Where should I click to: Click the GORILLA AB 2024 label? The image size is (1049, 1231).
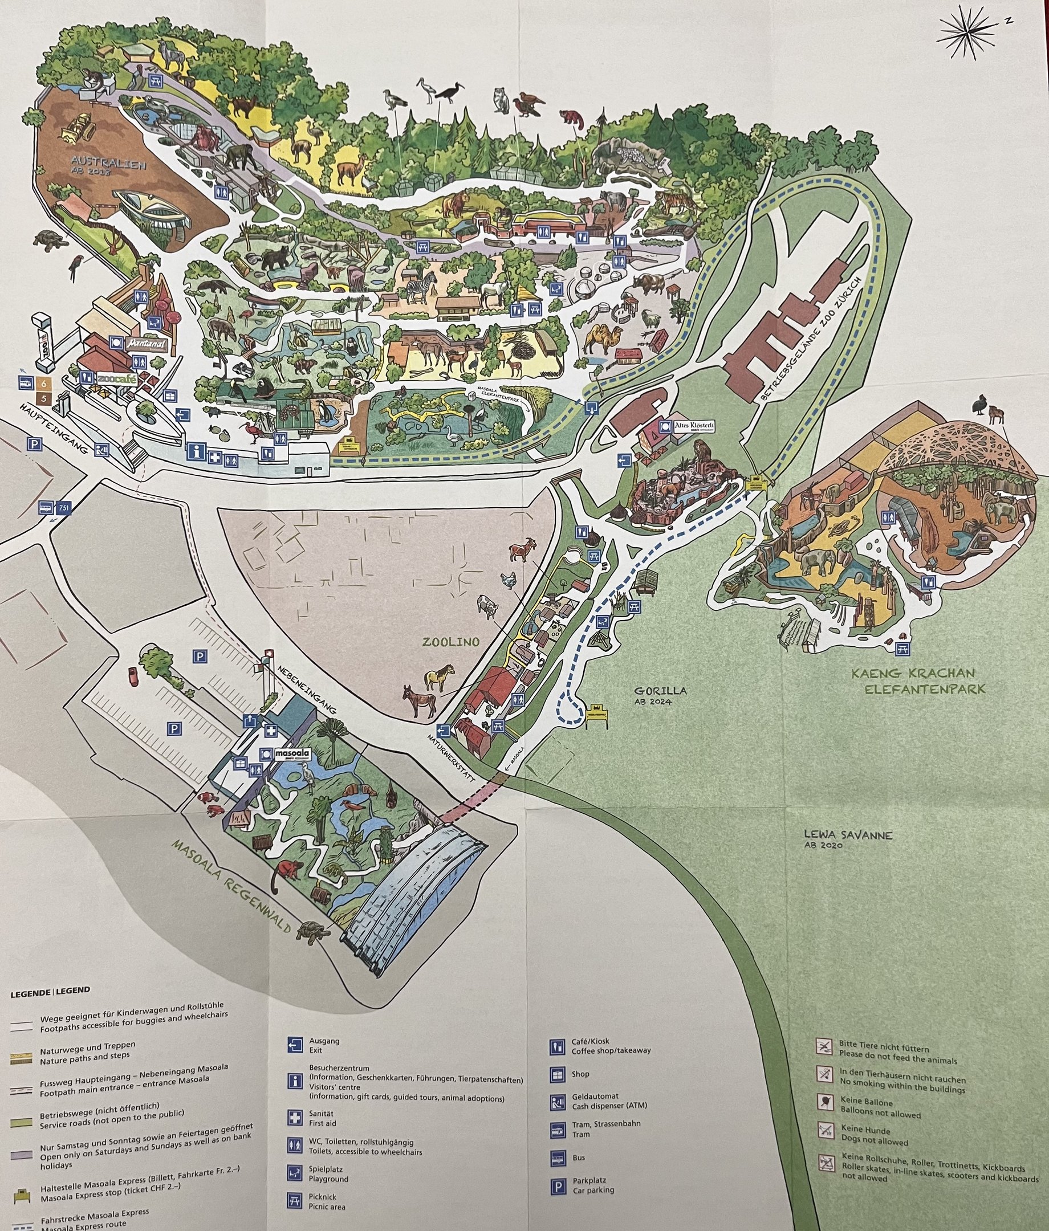pos(660,695)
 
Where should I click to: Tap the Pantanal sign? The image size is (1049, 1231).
pos(144,344)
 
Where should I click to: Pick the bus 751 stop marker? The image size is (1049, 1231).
pos(55,507)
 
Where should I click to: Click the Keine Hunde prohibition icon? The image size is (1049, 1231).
pos(824,1129)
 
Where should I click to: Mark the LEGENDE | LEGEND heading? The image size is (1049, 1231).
pos(51,990)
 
